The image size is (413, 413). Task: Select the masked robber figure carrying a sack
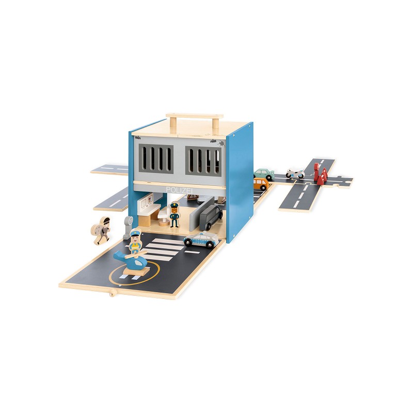click(x=101, y=230)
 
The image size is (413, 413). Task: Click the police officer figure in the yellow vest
click(x=135, y=242)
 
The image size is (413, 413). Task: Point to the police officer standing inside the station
click(x=174, y=215)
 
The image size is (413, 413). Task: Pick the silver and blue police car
click(x=201, y=240)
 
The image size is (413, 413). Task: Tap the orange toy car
click(x=261, y=183)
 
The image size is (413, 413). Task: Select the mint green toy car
click(x=264, y=174)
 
